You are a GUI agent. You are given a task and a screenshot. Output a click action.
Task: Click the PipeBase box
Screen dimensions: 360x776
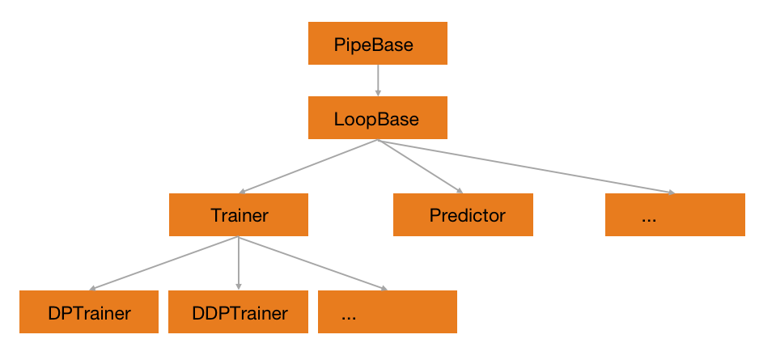[377, 44]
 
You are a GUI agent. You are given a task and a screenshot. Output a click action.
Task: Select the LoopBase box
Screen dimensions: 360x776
[377, 119]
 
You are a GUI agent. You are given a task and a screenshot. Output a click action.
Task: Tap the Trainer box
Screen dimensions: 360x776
[239, 215]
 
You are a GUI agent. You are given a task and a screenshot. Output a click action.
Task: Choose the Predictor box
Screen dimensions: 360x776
[463, 215]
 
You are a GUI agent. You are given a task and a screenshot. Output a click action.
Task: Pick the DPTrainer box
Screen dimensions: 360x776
[89, 312]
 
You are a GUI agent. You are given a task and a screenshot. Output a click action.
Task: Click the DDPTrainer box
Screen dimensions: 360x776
[239, 312]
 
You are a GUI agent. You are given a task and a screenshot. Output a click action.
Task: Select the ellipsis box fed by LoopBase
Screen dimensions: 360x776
[675, 215]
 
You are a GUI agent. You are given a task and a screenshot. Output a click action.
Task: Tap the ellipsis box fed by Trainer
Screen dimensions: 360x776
[388, 312]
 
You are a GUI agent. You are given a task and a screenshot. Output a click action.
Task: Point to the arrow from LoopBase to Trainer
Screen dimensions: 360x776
[307, 167]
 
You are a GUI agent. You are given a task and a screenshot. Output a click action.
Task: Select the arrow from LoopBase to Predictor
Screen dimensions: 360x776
[421, 167]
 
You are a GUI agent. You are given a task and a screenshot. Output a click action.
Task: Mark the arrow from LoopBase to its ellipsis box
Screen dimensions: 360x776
[526, 167]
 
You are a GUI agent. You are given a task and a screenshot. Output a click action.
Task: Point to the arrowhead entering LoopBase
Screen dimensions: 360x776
[378, 94]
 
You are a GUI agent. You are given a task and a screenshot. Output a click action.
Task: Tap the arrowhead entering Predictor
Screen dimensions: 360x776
[460, 191]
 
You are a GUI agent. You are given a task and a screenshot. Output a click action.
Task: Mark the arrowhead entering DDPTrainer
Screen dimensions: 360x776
[239, 286]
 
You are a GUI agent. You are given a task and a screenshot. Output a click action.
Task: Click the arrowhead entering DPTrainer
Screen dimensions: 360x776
[93, 287]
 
